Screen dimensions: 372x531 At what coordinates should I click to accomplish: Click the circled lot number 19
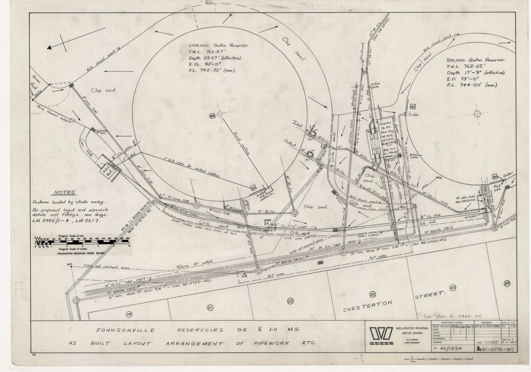pyautogui.click(x=128, y=315)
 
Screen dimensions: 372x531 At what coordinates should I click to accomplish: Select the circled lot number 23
pyautogui.click(x=290, y=300)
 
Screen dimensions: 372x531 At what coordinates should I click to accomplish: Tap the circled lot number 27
pyautogui.click(x=453, y=288)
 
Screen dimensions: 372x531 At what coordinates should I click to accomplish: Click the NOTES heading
pyautogui.click(x=64, y=193)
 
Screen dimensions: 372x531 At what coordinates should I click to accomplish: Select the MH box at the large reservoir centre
pyautogui.click(x=212, y=115)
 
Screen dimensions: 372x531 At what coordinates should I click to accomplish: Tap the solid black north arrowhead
pyautogui.click(x=49, y=48)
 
